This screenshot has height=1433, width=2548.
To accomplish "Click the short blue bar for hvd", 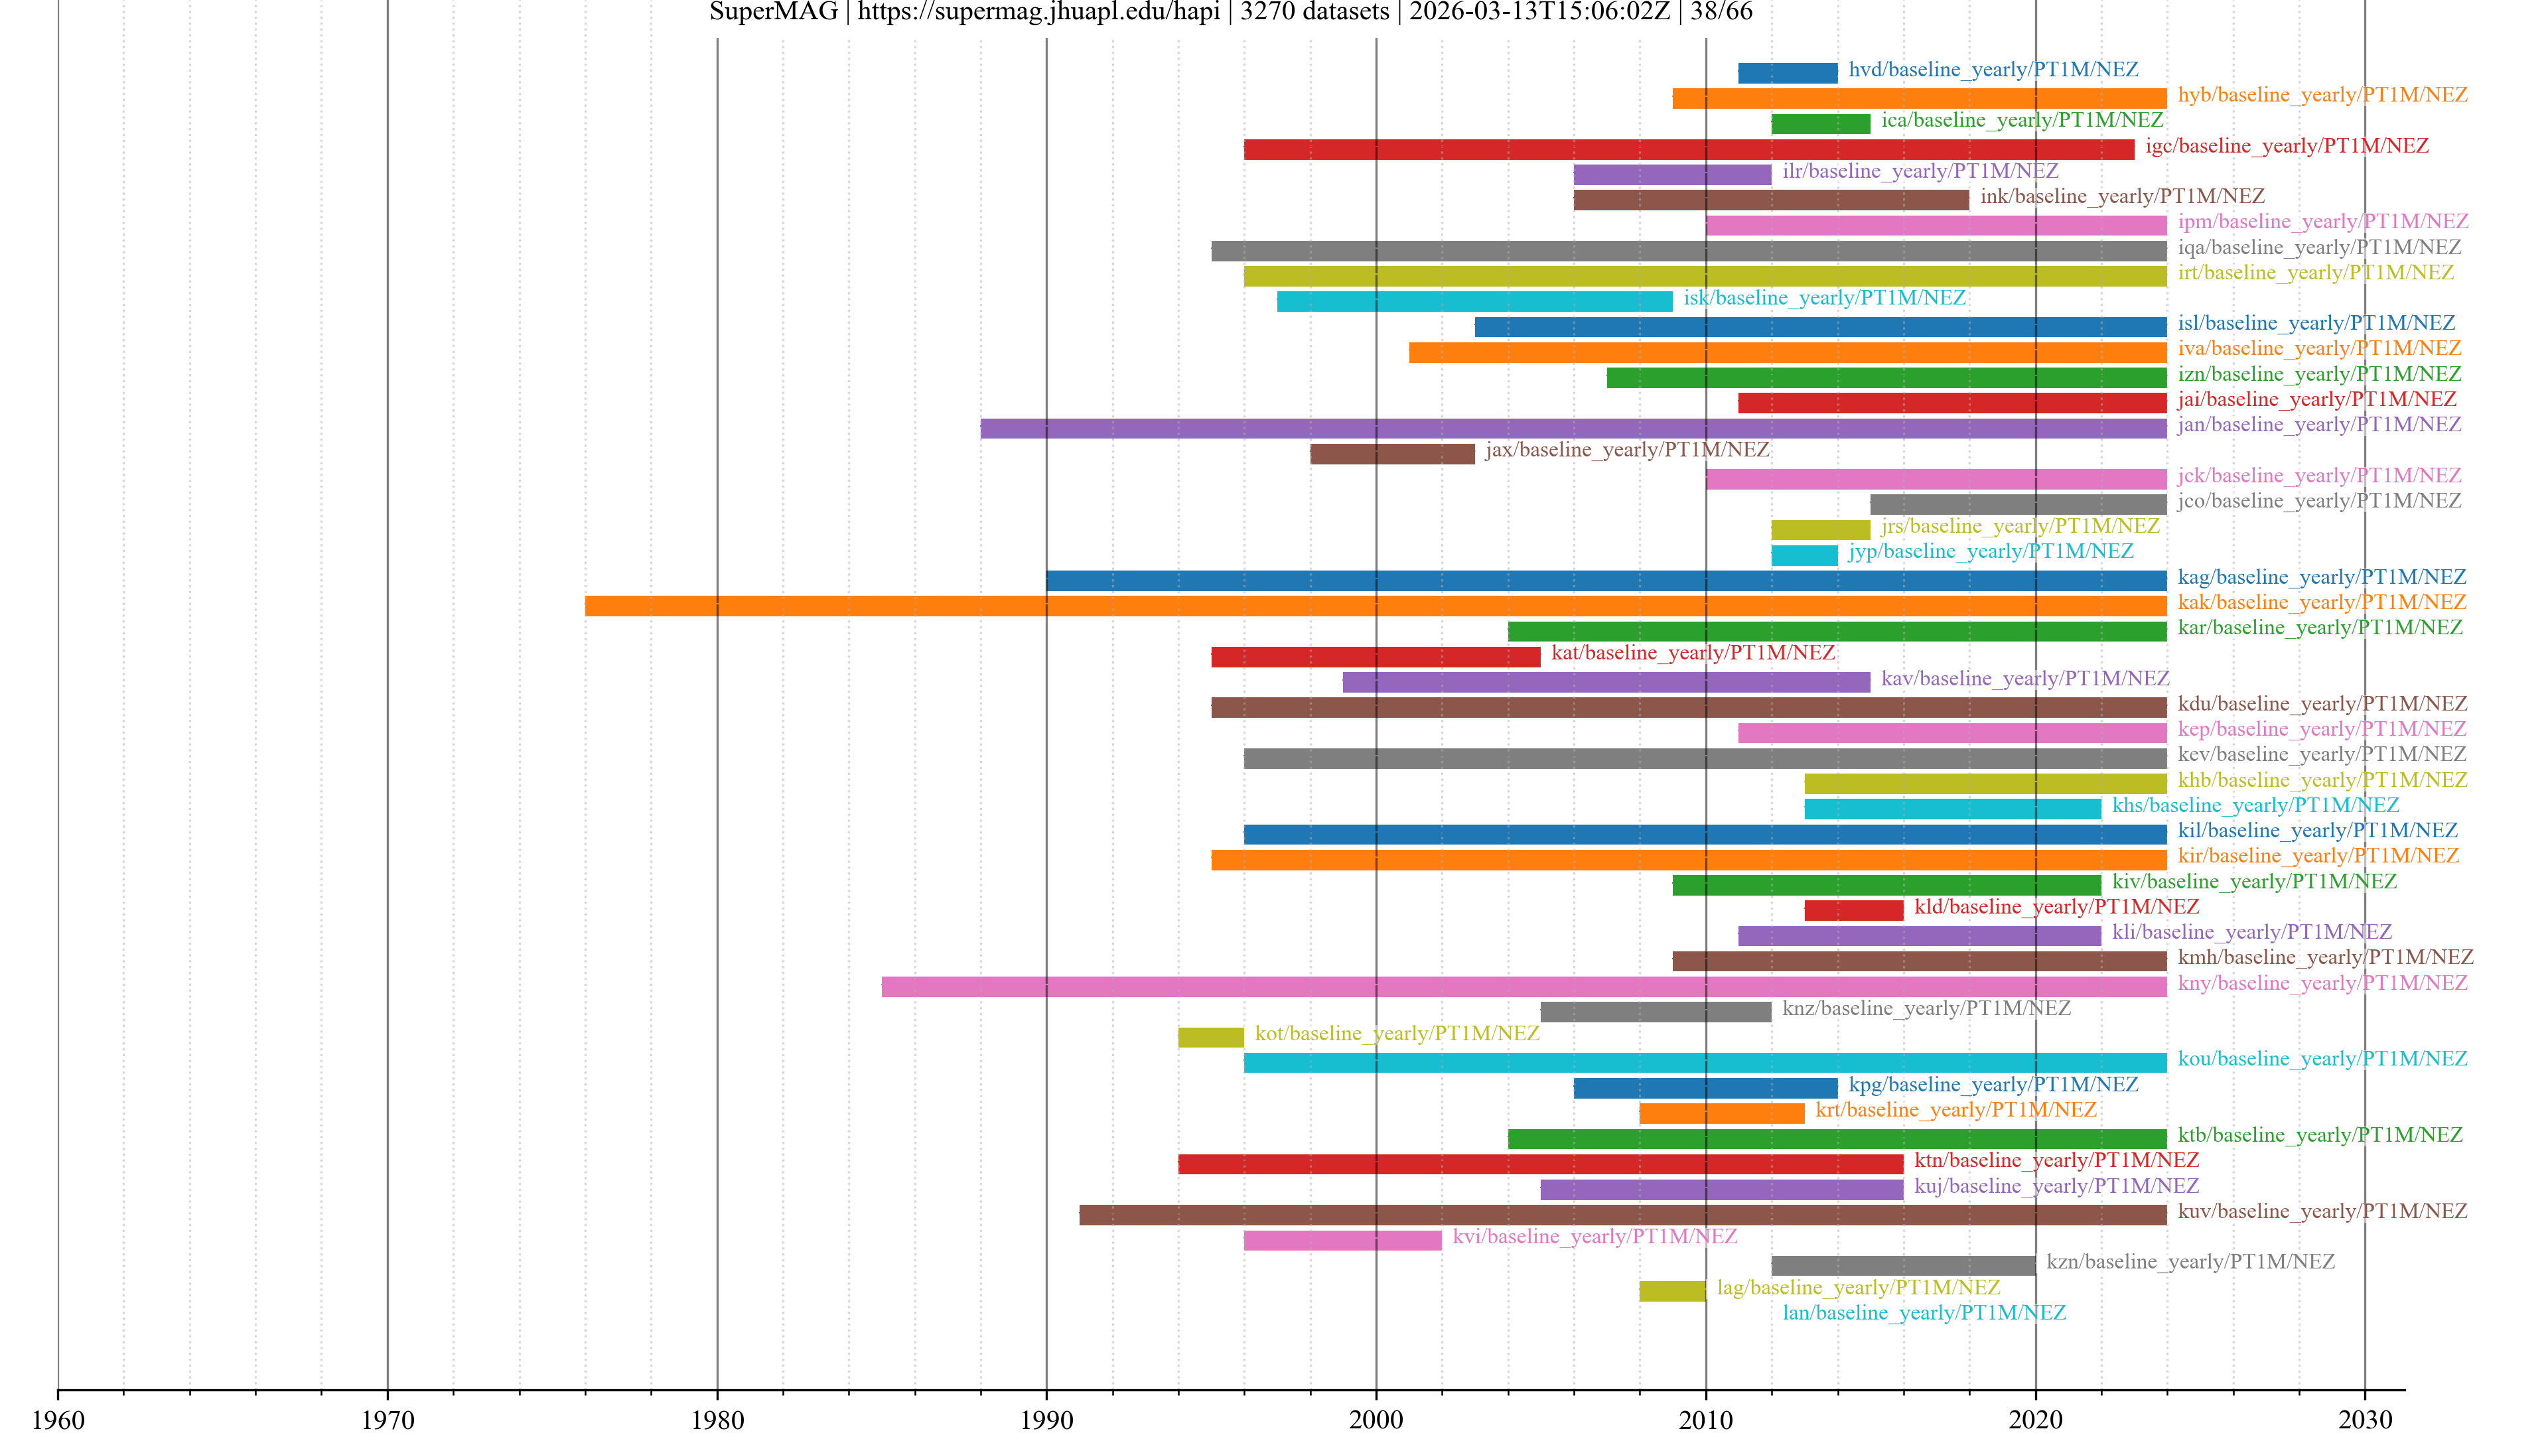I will tap(1788, 72).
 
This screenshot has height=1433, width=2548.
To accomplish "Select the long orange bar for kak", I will tap(1375, 605).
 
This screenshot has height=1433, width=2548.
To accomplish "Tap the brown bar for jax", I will tap(1391, 453).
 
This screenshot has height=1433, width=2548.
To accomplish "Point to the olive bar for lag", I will tap(1671, 1290).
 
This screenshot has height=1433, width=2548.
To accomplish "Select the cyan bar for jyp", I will tap(1804, 555).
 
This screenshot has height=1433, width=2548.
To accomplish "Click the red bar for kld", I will tap(1853, 910).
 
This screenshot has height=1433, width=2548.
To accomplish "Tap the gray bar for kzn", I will tap(1903, 1265).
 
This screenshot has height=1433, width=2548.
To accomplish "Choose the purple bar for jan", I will tap(1573, 428).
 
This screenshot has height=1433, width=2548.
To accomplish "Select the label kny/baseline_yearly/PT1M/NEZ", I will tap(2322, 983).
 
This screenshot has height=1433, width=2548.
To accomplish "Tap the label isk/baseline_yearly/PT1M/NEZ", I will tap(1824, 298).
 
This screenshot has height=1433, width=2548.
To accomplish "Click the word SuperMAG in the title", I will tap(774, 12).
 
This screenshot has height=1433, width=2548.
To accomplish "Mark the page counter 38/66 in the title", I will tap(1721, 12).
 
